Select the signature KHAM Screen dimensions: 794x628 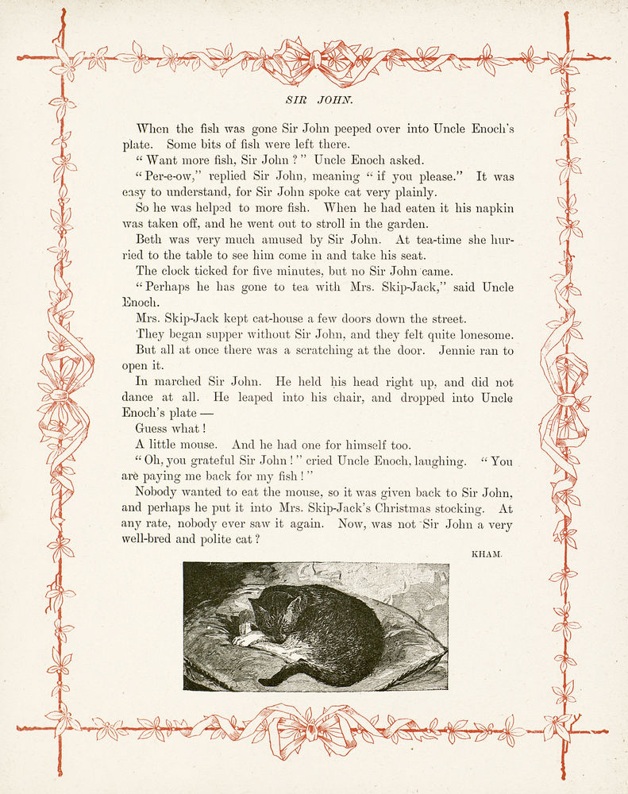tap(487, 553)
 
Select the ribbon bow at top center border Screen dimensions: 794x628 tap(315, 60)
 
